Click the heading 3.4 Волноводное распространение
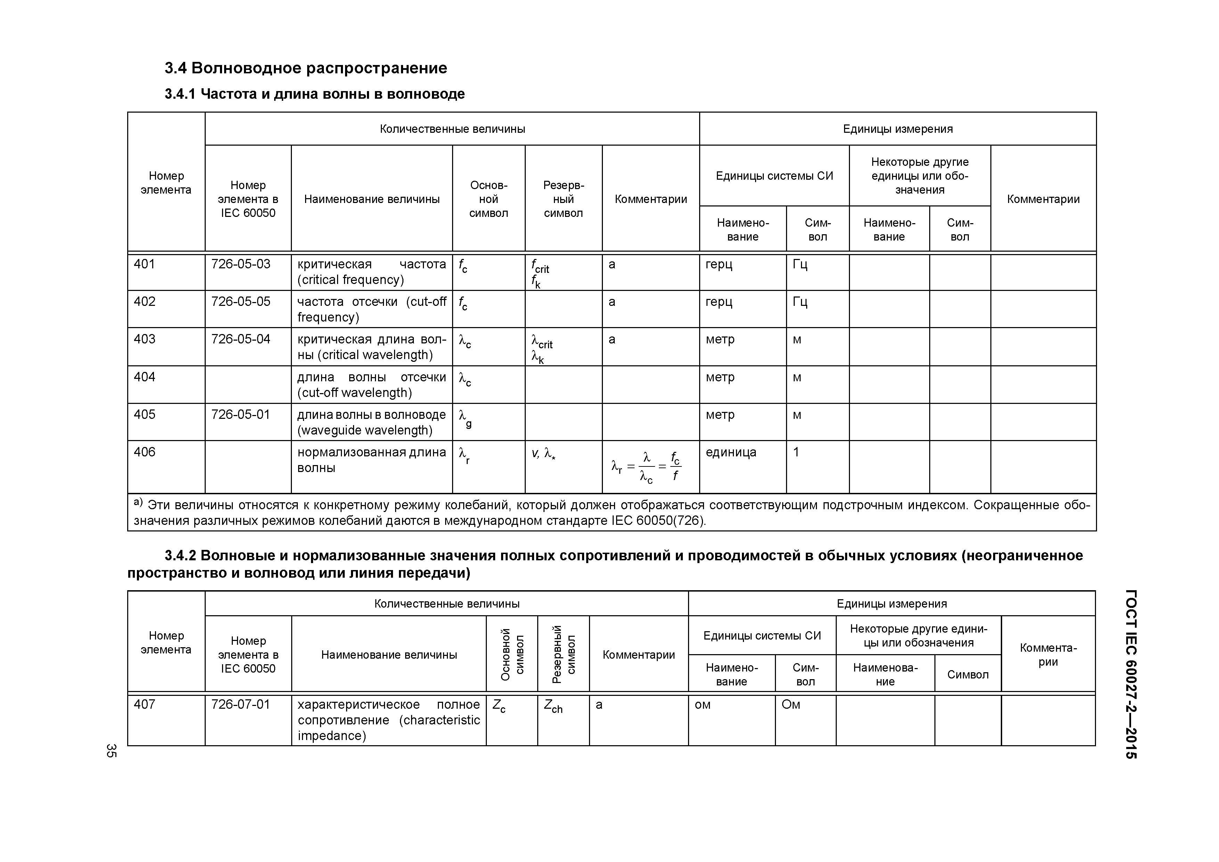tap(306, 68)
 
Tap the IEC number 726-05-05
tap(240, 302)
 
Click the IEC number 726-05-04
tap(240, 339)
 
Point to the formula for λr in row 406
tap(646, 467)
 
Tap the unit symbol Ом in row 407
tap(791, 705)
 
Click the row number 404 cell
tap(145, 377)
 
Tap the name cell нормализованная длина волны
tap(371, 460)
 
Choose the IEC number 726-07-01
tap(240, 705)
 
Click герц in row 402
tap(719, 302)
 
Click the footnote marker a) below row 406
tap(138, 502)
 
